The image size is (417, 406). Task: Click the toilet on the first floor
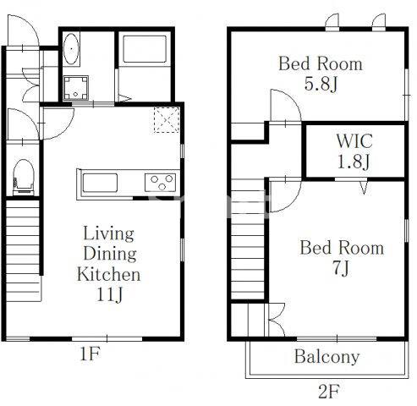[24, 177]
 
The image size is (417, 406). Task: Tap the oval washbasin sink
[71, 49]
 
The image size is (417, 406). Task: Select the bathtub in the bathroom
[145, 49]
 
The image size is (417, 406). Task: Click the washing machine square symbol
[75, 88]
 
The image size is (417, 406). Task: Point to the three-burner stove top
[161, 183]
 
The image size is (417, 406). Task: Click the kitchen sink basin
[100, 183]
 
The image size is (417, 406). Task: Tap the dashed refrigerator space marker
[167, 120]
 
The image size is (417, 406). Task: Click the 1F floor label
[90, 354]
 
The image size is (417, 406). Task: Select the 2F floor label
[328, 392]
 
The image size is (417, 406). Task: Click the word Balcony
[327, 357]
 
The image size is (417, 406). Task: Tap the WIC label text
[354, 141]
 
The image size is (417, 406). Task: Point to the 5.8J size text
[321, 84]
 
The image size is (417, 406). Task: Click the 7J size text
[341, 268]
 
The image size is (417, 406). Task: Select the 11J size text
[109, 294]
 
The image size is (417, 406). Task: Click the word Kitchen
[109, 274]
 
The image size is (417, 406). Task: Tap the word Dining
[110, 253]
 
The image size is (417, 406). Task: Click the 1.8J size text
[354, 162]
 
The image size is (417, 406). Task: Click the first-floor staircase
[23, 250]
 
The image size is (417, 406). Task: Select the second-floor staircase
[248, 239]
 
